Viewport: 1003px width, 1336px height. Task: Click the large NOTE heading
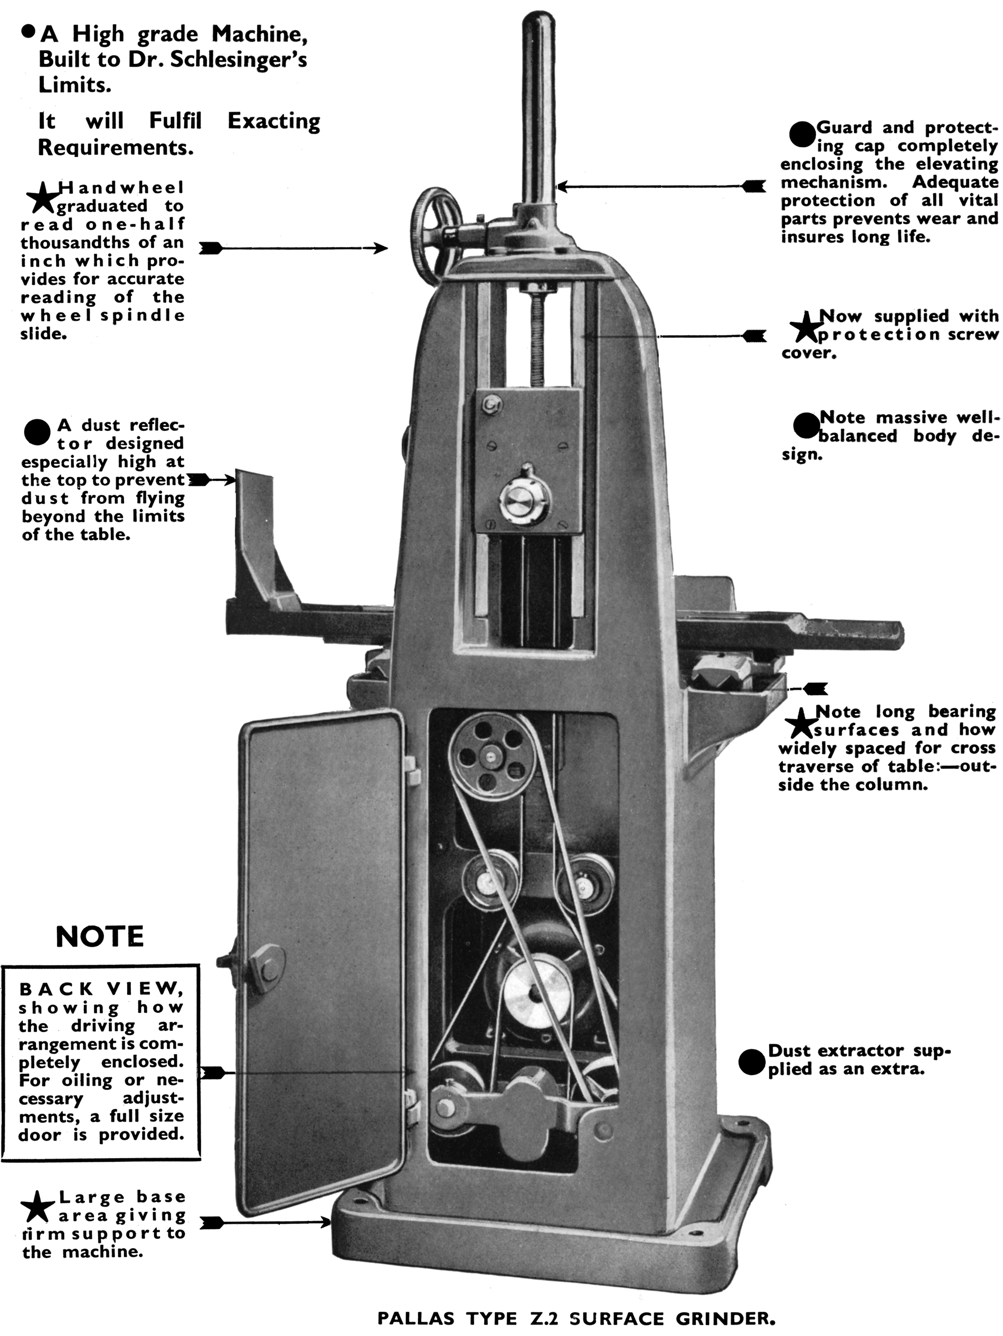click(100, 937)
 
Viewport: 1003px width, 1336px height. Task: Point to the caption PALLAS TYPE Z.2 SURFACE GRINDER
click(575, 1318)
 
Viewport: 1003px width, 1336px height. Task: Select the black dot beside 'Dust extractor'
click(751, 1062)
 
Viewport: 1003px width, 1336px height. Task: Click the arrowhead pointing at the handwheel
click(381, 248)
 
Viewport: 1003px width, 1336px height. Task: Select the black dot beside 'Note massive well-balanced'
click(806, 426)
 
